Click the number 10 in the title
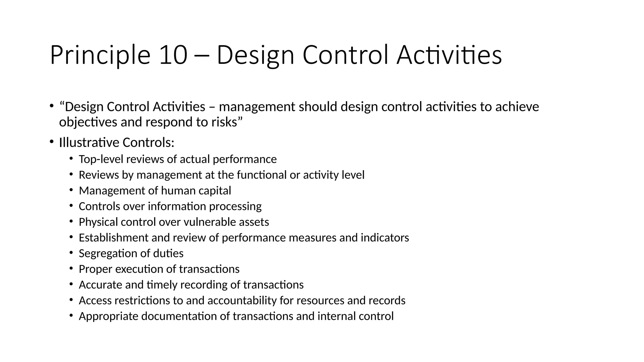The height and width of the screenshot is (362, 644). coord(173,55)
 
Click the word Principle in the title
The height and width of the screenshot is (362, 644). coord(100,55)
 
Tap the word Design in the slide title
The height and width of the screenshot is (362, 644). coord(255,55)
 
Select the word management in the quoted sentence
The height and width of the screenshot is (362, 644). coord(257,107)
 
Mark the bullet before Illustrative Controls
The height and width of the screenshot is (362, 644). coord(51,142)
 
